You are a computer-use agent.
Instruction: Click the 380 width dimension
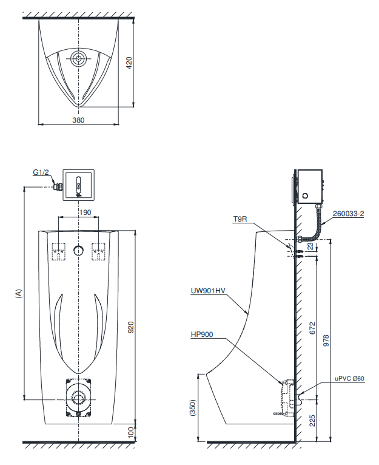tap(79, 120)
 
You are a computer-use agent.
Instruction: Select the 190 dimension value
tap(86, 212)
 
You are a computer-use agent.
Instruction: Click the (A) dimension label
tap(18, 293)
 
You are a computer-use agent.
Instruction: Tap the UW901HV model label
tap(208, 291)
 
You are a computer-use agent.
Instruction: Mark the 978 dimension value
tap(326, 341)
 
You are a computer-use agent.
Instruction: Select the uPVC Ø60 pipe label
tap(350, 379)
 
